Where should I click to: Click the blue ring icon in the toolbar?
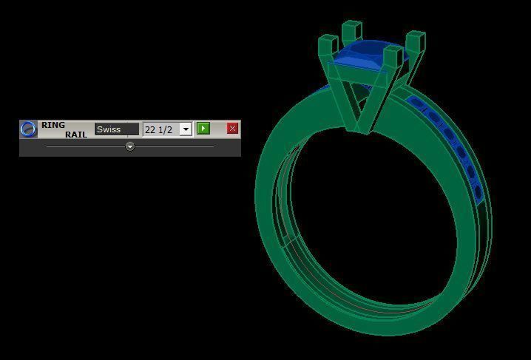point(28,129)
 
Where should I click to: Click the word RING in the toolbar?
point(53,125)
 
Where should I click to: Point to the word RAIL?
point(76,134)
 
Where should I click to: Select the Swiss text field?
point(116,129)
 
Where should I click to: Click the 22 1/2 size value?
point(159,129)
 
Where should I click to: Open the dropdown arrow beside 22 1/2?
point(186,129)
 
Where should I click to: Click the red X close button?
point(232,129)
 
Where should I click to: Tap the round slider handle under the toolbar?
point(130,146)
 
